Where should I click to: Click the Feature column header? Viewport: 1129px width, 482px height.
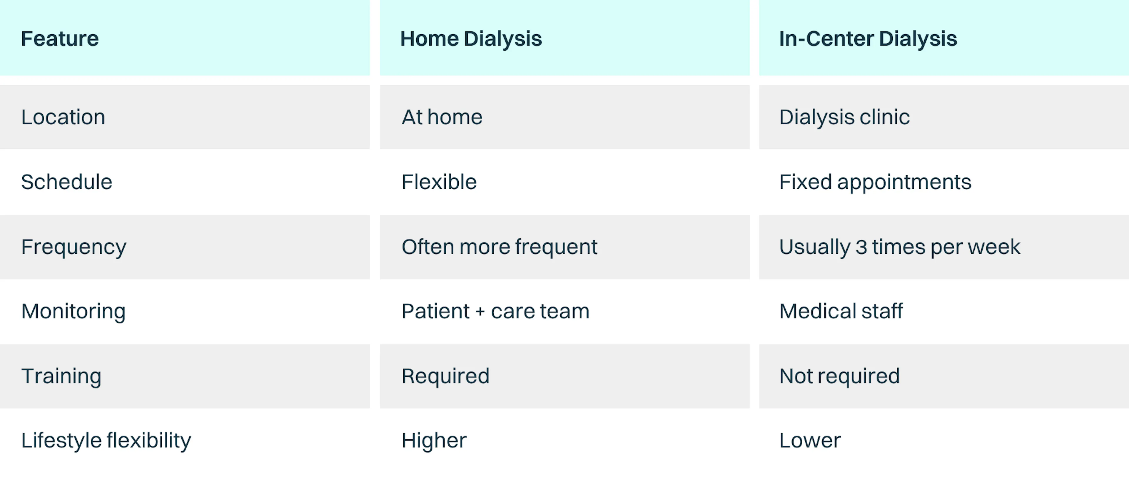[x=60, y=39]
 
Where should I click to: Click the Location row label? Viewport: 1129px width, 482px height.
[x=63, y=117]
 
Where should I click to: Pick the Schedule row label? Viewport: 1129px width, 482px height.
[x=67, y=182]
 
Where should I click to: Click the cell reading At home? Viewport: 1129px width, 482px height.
[x=442, y=117]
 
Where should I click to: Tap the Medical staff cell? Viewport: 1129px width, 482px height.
[x=841, y=311]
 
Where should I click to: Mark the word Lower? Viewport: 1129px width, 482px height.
[x=810, y=440]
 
